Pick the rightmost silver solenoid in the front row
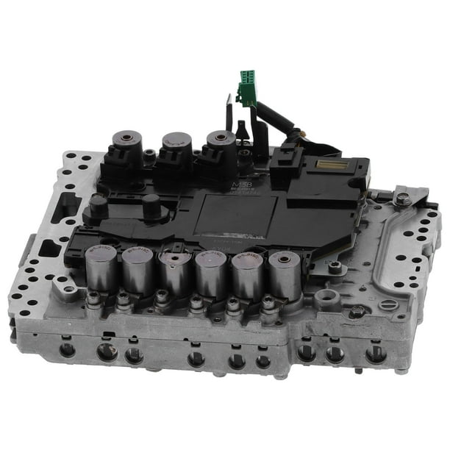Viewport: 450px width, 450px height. tap(284, 276)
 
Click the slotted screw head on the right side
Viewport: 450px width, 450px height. tap(388, 304)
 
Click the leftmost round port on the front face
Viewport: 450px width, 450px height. tap(68, 349)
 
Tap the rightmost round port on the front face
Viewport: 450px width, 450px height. tap(376, 354)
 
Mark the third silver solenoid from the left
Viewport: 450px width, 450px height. tap(175, 273)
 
